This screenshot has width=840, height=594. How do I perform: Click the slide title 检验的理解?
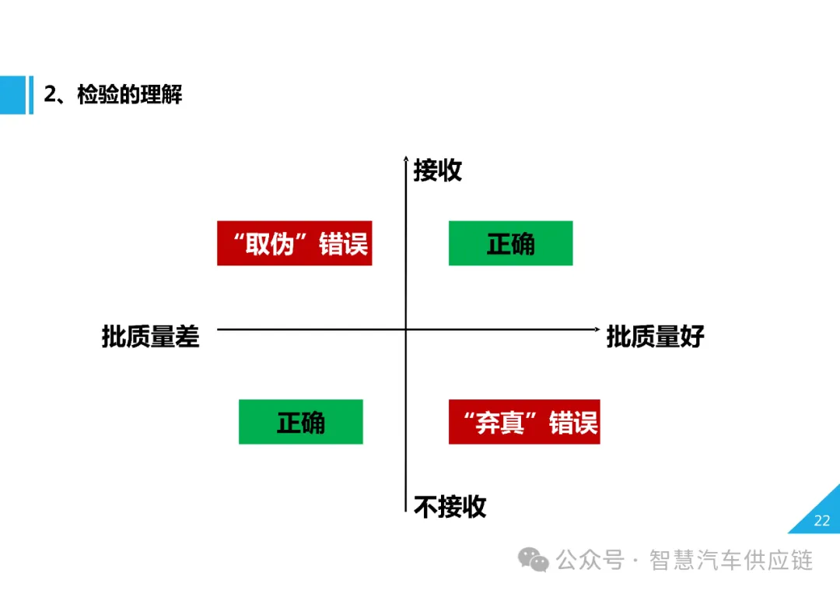pos(129,96)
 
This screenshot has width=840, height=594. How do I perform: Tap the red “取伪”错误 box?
pos(294,244)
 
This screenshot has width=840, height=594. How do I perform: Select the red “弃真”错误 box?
pos(523,422)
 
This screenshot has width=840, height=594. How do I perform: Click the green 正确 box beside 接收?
pos(510,244)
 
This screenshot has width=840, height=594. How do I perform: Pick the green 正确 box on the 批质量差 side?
pos(300,422)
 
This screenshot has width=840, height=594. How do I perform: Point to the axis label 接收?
pos(437,170)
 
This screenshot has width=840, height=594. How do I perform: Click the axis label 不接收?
pos(450,507)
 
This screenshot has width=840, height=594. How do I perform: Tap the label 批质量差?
pos(150,336)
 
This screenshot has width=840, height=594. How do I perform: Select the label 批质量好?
pos(655,336)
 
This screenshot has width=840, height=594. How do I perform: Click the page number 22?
pos(821,521)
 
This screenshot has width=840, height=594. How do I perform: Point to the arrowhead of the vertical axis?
pos(406,159)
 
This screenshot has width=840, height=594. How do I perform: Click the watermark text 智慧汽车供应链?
pos(731,560)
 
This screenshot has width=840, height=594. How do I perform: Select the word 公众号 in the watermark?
pos(590,560)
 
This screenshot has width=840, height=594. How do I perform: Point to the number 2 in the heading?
pos(49,96)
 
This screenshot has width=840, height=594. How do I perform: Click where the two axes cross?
pos(406,329)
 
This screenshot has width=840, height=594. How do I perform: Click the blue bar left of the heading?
pos(12,95)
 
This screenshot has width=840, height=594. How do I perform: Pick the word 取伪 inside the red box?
pos(269,244)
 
